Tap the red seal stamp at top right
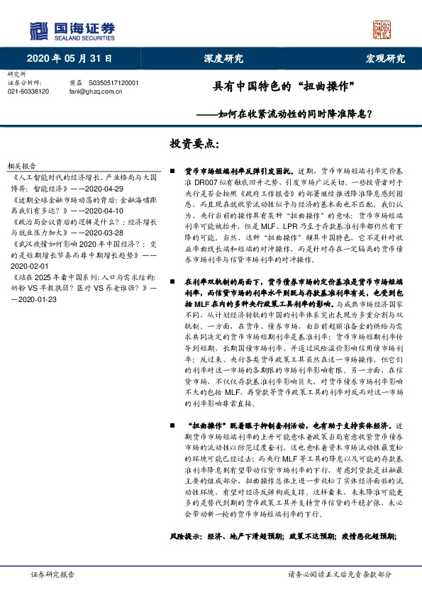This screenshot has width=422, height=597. click(x=382, y=30)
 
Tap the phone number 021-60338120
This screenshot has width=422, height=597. click(x=28, y=91)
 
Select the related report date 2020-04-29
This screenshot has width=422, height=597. click(x=106, y=189)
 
